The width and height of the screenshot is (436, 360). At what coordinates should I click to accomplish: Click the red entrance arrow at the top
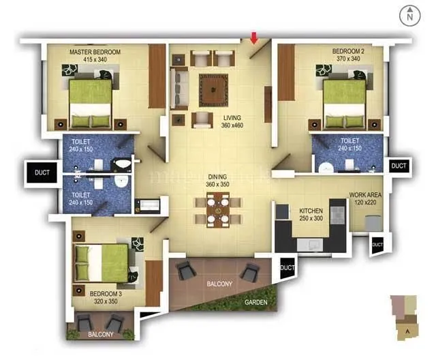coord(255,37)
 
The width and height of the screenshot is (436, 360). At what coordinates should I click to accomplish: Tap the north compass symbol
coord(409,16)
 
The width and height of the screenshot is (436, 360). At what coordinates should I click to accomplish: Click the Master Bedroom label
coord(95,56)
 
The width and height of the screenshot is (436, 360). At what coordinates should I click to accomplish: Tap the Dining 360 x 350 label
coord(217,181)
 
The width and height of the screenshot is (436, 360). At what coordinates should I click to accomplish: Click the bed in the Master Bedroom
coord(90,102)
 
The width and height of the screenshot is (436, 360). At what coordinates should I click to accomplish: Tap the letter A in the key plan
coord(407,332)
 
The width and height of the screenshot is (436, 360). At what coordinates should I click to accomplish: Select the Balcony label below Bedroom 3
coord(100,335)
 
